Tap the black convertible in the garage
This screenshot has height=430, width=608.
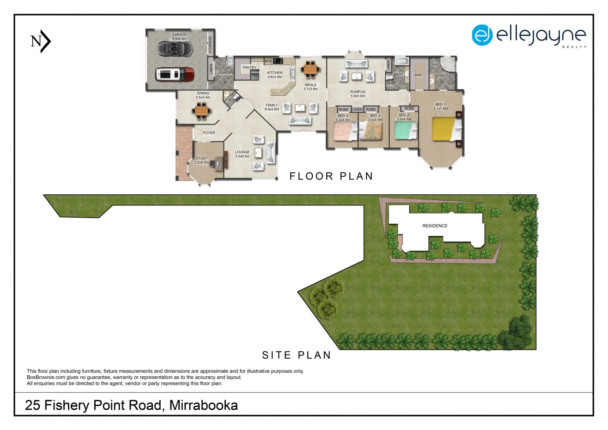[x=175, y=49]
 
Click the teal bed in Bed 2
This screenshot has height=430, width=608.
[x=405, y=130]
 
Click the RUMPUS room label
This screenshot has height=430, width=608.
[x=358, y=92]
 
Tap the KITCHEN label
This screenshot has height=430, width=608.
[x=275, y=73]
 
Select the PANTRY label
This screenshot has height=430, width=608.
[x=249, y=68]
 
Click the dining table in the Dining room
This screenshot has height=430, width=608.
[x=201, y=110]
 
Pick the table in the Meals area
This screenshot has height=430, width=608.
[x=311, y=69]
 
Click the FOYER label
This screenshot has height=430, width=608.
[x=209, y=133]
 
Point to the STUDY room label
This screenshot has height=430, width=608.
[x=201, y=158]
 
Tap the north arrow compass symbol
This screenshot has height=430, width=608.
[x=41, y=41]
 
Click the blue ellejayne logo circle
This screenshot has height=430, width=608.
[x=482, y=35]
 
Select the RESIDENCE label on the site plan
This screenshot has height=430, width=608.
[x=435, y=226]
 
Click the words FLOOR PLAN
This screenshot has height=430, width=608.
[x=331, y=176]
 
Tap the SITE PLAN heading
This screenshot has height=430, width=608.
[x=296, y=355]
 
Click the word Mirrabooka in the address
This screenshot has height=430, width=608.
[x=203, y=405]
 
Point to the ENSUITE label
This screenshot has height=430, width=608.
[x=443, y=76]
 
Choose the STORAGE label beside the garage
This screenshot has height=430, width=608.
[x=210, y=45]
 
